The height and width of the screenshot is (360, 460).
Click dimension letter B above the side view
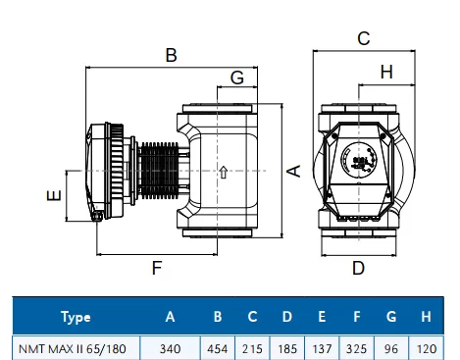click(x=172, y=55)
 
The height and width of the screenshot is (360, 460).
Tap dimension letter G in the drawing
click(x=237, y=77)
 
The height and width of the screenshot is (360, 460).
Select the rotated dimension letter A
click(x=294, y=171)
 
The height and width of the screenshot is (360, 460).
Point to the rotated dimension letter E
click(x=54, y=195)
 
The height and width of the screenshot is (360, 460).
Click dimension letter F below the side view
click(x=157, y=268)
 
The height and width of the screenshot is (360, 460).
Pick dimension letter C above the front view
click(x=364, y=38)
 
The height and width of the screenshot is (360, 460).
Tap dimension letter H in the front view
click(x=386, y=72)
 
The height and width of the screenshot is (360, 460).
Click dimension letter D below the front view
click(x=358, y=268)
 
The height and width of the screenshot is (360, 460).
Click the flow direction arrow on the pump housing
click(x=224, y=173)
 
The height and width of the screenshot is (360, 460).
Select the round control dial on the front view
click(x=358, y=160)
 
